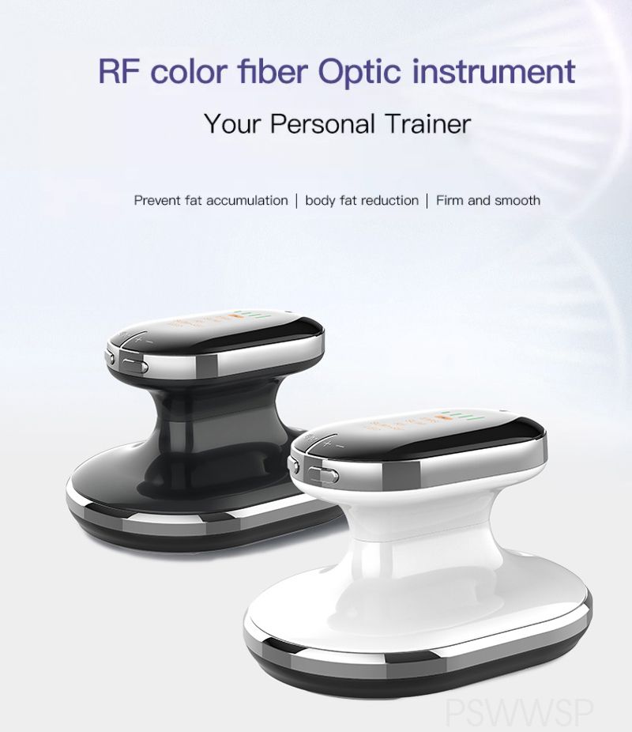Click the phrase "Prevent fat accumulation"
pyautogui.click(x=211, y=201)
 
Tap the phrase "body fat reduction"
pyautogui.click(x=362, y=201)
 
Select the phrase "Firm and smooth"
pyautogui.click(x=488, y=201)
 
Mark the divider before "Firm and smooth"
pyautogui.click(x=427, y=201)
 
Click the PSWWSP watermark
pyautogui.click(x=518, y=715)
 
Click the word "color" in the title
pyautogui.click(x=188, y=70)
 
